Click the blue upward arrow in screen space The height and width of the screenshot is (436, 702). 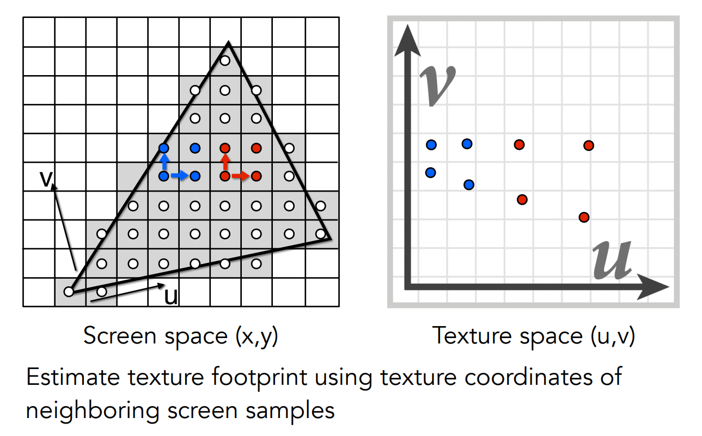[164, 162]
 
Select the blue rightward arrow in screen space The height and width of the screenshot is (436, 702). [179, 176]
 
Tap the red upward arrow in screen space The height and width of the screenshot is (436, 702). [225, 162]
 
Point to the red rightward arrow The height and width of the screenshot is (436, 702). [240, 176]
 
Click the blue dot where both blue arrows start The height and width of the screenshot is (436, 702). [164, 176]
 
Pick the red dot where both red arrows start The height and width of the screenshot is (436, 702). [225, 176]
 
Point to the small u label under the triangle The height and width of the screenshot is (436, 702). [170, 296]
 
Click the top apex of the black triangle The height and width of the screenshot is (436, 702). [229, 42]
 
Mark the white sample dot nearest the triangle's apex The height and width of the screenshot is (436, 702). [225, 60]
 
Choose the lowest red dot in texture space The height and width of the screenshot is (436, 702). [584, 217]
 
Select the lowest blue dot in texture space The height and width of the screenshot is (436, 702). [469, 185]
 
